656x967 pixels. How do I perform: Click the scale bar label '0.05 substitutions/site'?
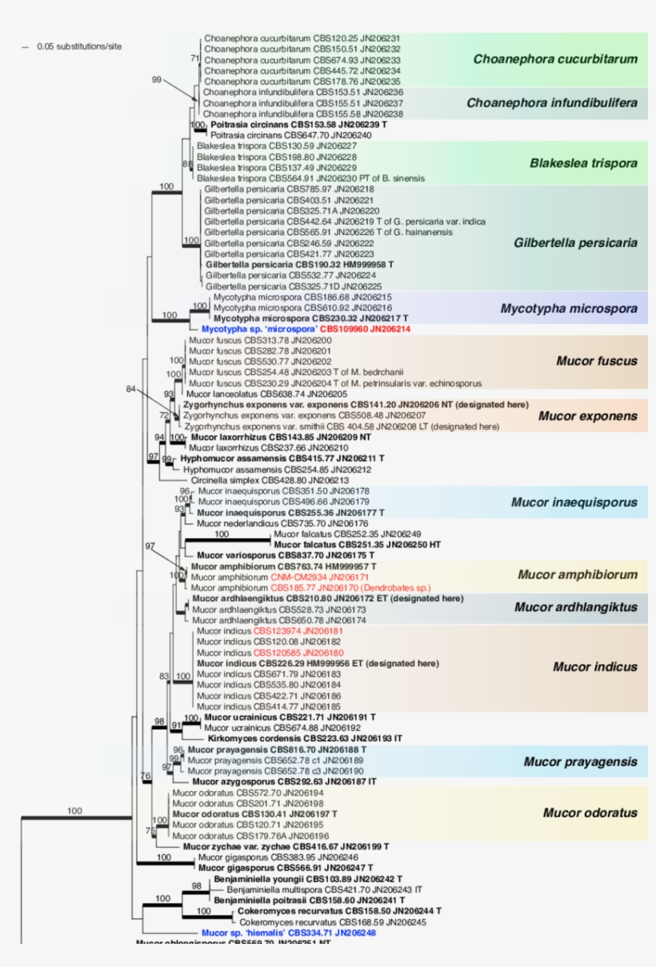tap(79, 46)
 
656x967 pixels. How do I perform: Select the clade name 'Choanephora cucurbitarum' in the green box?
tap(555, 58)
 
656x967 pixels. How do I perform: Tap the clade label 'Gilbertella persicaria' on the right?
tap(575, 242)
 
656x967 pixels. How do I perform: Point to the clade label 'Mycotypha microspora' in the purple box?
tap(569, 308)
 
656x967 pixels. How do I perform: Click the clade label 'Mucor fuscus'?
tap(597, 361)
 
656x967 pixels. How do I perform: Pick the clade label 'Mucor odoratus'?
tap(590, 813)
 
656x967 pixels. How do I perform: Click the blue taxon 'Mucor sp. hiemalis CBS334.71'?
tap(288, 933)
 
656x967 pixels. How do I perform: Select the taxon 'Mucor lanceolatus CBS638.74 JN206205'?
tap(266, 394)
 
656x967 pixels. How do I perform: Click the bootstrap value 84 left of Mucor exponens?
tap(131, 389)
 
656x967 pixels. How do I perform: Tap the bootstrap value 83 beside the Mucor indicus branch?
tap(164, 677)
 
